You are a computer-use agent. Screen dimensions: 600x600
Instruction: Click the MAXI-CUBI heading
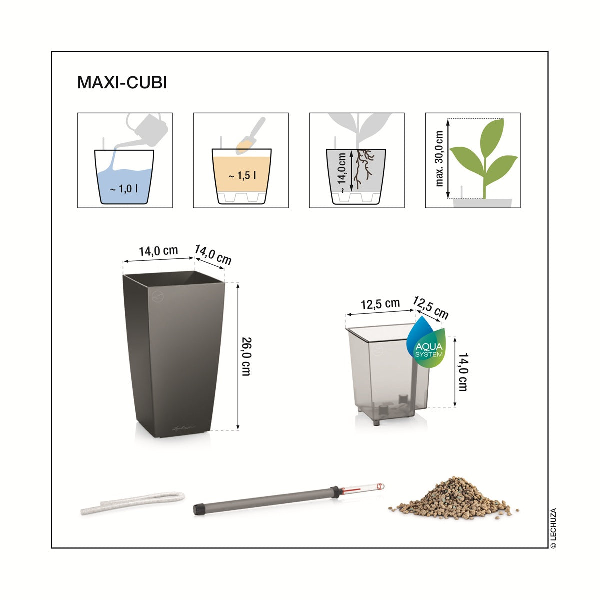click(x=122, y=82)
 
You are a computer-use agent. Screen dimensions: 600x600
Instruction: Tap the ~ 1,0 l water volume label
click(x=124, y=188)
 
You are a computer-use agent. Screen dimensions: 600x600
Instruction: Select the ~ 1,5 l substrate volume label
click(x=242, y=176)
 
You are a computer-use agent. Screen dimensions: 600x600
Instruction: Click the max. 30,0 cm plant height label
click(x=439, y=159)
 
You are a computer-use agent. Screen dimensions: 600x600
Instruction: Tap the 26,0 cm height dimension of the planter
click(x=246, y=356)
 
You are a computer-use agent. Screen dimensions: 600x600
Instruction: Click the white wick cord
click(x=132, y=502)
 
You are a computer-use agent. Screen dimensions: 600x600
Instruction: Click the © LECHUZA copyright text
click(x=553, y=528)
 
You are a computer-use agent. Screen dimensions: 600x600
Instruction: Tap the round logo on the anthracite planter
click(x=157, y=296)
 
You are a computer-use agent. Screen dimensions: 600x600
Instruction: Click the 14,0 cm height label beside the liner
click(x=463, y=372)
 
